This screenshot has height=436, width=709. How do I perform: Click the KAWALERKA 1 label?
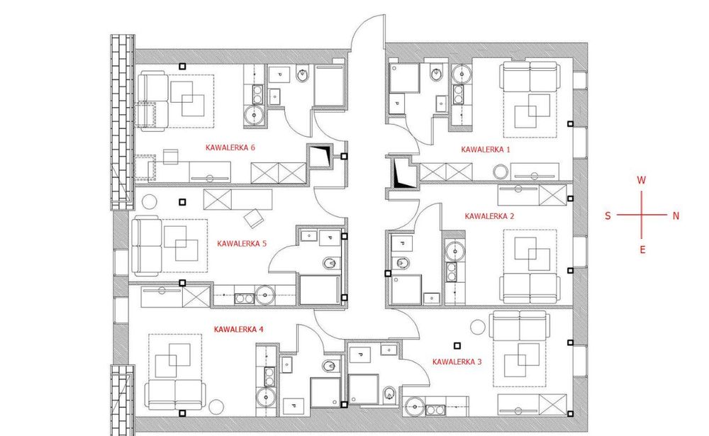coord(485,150)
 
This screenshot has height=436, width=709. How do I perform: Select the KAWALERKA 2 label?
coord(489,216)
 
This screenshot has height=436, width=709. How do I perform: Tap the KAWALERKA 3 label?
coord(457,362)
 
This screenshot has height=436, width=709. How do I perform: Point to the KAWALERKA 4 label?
coord(238,329)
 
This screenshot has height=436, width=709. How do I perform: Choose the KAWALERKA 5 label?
coord(242,243)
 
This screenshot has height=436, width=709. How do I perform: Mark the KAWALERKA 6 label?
coord(230,147)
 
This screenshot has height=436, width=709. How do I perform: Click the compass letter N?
coord(676,216)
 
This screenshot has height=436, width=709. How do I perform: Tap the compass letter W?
coord(641,180)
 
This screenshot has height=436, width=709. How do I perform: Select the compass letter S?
coord(608,216)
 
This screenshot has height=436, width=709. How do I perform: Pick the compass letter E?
coord(642,250)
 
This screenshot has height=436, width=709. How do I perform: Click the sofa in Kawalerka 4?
coord(175,394)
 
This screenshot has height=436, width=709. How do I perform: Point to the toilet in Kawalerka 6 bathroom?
coord(303,74)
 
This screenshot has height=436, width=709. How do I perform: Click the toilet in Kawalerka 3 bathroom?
coord(389,394)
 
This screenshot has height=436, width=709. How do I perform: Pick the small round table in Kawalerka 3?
coord(477,327)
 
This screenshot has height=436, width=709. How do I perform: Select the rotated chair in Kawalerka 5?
coord(254,218)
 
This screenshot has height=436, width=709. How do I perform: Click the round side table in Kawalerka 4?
coord(216,408)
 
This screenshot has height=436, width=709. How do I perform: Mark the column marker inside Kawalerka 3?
coord(457,345)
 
